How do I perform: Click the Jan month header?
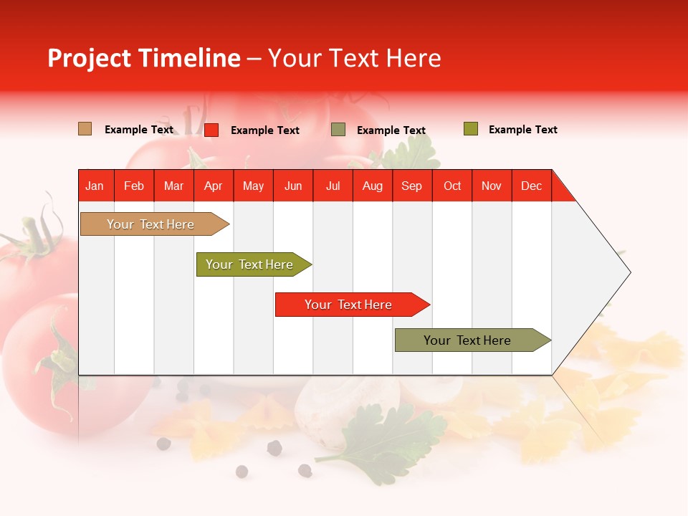coord(95,186)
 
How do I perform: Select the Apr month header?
coord(213,186)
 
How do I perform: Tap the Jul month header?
coord(333,186)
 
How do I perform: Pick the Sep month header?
coord(411,186)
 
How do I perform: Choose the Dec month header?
coord(531,186)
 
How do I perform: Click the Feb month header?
coord(134,186)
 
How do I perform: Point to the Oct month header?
coord(452,186)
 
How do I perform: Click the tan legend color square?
coord(85,129)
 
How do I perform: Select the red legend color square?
coord(211,130)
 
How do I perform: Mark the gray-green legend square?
coord(338,130)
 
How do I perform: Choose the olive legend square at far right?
coord(470,129)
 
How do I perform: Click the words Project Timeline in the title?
coord(143,58)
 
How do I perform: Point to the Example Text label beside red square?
coord(264,130)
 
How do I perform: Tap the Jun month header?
coord(293,186)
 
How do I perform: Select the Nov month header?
coord(492,186)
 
